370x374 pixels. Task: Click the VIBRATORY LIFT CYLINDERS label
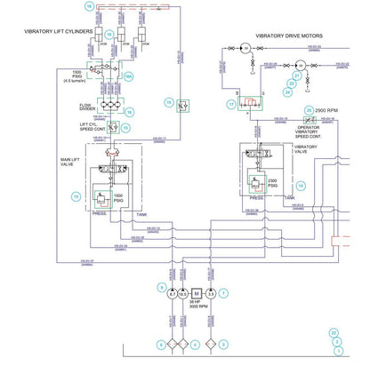pyautogui.click(x=59, y=31)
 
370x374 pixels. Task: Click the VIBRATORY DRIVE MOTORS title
pyautogui.click(x=289, y=36)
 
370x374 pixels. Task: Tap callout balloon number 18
pyautogui.click(x=88, y=5)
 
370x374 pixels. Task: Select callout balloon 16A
pyautogui.click(x=129, y=77)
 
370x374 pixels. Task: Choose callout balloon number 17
pyautogui.click(x=231, y=105)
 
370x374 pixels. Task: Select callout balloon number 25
pyautogui.click(x=309, y=110)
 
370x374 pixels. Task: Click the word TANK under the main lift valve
pyautogui.click(x=141, y=214)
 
